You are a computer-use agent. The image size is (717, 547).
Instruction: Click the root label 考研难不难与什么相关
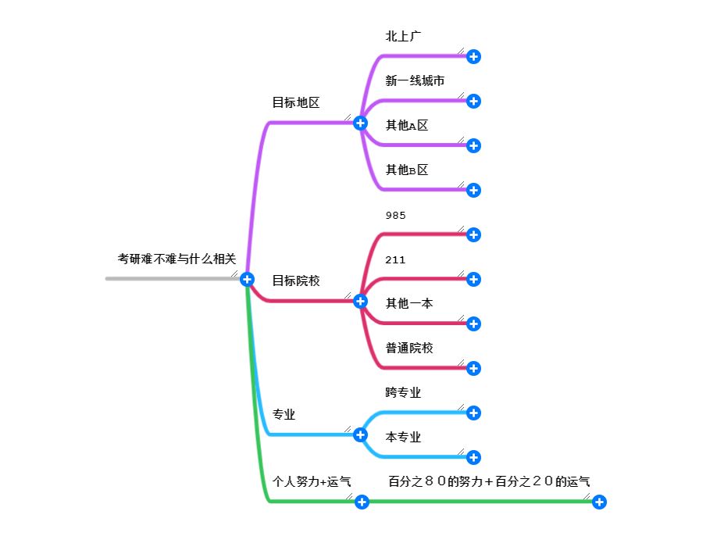click(177, 258)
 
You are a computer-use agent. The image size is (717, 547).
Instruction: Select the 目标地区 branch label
click(295, 102)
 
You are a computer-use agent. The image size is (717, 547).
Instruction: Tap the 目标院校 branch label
click(295, 281)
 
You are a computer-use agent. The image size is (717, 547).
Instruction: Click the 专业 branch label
click(284, 414)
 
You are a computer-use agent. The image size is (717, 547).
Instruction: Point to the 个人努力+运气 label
click(311, 481)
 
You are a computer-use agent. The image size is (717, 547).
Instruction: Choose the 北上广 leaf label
click(404, 36)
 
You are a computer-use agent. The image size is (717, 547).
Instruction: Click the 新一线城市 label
click(415, 80)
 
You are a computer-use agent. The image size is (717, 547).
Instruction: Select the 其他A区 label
click(407, 125)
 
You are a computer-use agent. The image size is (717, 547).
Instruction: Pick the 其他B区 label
click(407, 170)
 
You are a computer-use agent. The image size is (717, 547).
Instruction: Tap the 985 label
click(396, 215)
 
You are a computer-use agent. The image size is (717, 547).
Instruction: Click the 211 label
click(395, 259)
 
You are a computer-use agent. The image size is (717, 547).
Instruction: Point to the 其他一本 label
click(409, 303)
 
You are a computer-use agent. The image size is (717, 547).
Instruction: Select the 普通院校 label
click(409, 348)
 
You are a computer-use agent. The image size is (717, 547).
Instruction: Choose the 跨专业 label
click(403, 392)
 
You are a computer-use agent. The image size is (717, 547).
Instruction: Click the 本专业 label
click(403, 437)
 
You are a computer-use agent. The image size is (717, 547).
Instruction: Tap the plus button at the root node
click(247, 279)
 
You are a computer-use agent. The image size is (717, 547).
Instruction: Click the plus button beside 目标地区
click(360, 123)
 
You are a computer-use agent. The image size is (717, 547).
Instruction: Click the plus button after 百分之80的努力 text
click(599, 502)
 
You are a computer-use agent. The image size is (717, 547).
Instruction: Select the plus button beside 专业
click(360, 434)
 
